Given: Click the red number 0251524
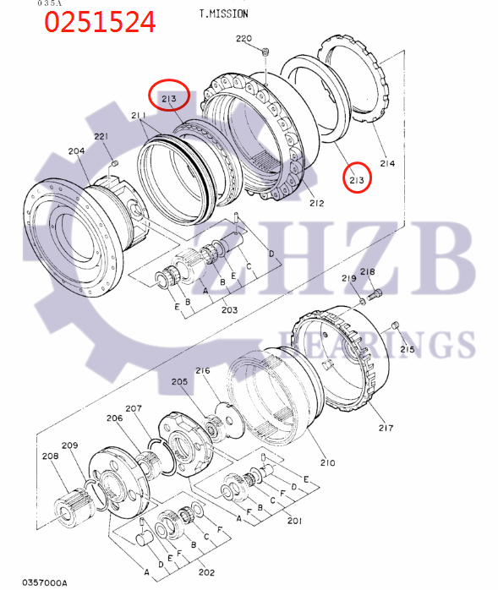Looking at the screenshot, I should click(100, 22).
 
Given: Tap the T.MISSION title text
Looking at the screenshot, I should click(223, 14).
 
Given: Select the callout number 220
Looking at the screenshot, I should click(244, 39).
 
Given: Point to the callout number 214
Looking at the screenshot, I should click(387, 163).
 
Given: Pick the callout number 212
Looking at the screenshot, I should click(316, 203).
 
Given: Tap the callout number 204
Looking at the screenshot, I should click(76, 151).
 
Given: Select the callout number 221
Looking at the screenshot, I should click(101, 137).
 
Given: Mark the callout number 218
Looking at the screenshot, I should click(367, 272).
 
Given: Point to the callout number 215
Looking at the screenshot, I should click(408, 349).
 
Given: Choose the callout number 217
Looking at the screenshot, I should click(386, 428).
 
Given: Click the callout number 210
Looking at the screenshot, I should click(327, 462).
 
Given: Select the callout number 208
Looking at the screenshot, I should click(50, 456).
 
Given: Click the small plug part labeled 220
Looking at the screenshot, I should click(265, 53).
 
